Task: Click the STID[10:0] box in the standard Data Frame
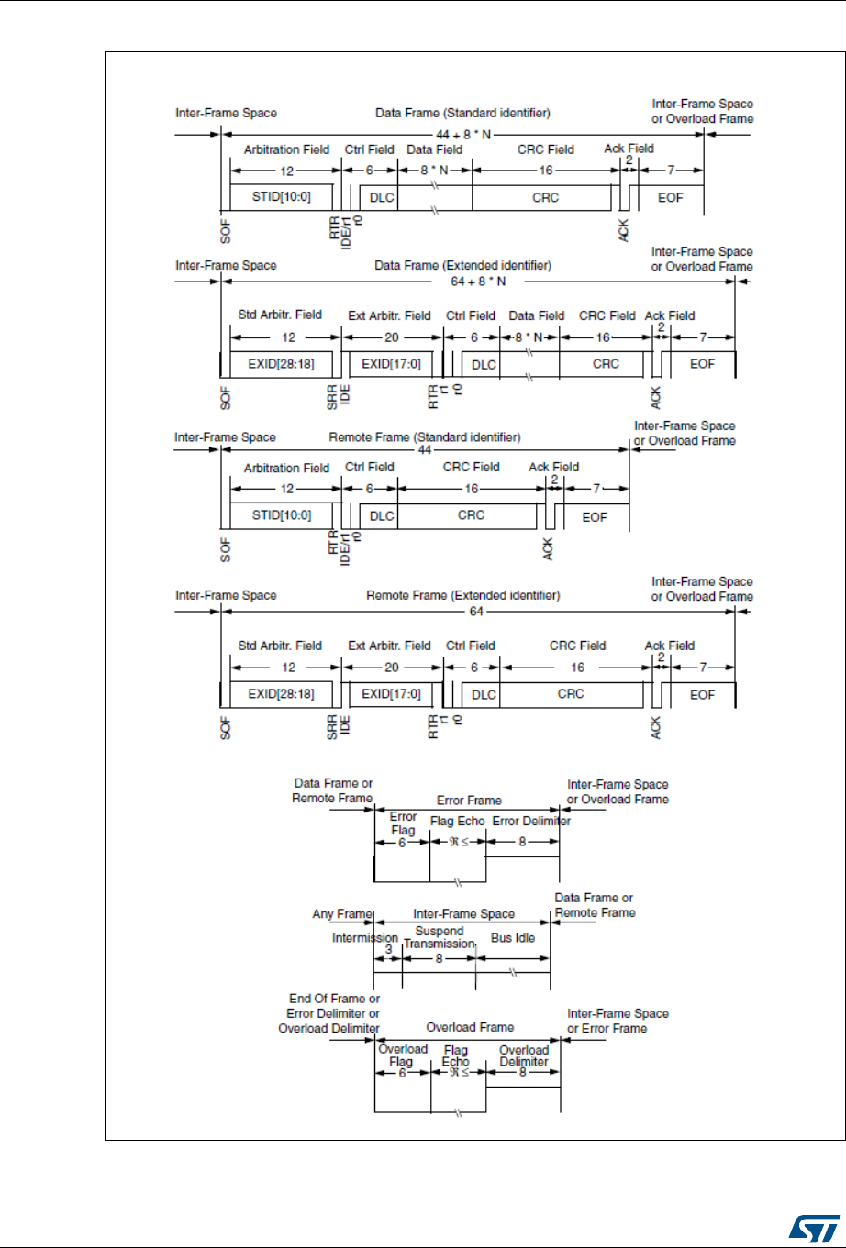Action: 284,197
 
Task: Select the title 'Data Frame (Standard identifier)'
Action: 462,113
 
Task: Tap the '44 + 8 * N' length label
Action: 462,133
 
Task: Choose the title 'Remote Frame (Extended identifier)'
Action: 463,595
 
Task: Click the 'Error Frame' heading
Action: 468,800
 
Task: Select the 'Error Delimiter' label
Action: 531,821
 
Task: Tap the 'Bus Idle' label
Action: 513,938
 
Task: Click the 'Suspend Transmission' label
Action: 440,937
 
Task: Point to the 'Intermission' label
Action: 365,938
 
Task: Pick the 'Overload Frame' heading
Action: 470,1027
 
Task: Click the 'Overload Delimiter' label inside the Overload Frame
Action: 523,1055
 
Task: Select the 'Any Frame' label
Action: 341,913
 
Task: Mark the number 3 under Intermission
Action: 388,953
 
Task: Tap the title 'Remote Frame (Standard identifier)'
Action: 425,436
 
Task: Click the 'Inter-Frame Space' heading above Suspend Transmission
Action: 463,913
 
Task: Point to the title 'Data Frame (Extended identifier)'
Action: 463,265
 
